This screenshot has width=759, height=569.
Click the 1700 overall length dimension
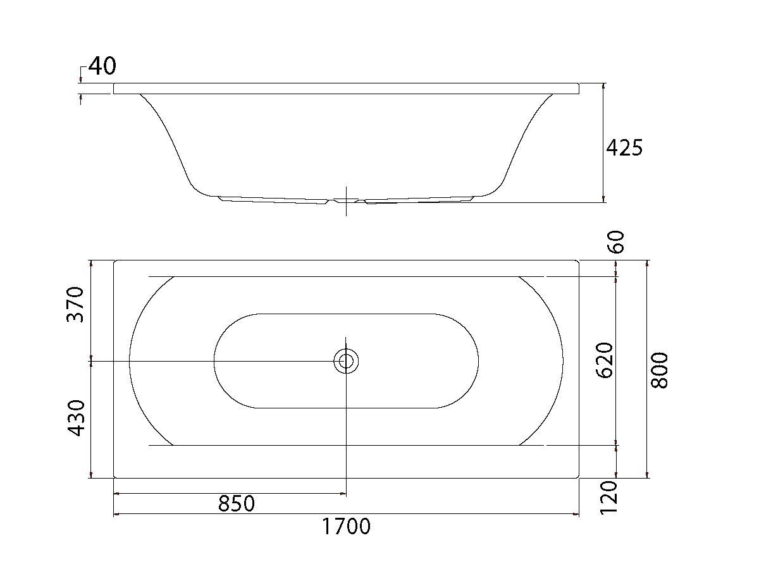347,526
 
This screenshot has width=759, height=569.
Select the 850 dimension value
236,504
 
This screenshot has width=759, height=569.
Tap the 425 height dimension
624,148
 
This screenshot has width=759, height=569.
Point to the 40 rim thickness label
102,66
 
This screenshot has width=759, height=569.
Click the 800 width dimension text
659,370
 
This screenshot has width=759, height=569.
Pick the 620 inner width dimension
605,360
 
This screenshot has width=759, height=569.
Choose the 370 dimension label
75,304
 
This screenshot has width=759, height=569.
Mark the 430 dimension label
76,417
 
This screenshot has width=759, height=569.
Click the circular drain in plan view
346,361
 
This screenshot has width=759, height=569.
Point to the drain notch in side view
346,201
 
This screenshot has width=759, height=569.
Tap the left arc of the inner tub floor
215,360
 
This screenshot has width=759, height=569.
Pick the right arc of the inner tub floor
478,360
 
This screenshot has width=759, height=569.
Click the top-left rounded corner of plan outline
116,262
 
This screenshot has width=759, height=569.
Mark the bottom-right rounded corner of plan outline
577,475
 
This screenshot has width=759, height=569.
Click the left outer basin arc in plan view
130,360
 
